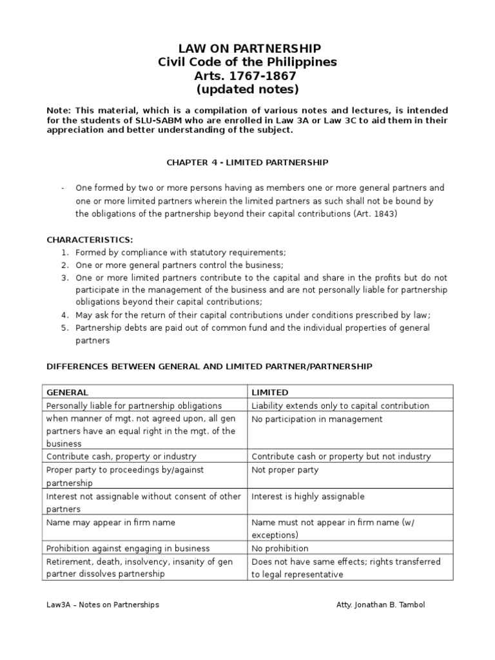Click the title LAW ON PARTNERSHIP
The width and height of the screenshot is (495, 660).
(x=247, y=49)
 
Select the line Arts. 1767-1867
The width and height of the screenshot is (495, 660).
(x=247, y=75)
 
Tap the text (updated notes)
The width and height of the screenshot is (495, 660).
(x=247, y=89)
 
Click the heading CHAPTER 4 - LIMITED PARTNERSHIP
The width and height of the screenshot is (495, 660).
(x=247, y=162)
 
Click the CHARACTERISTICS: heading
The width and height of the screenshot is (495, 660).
(x=90, y=240)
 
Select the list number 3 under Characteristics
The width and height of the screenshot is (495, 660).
(x=65, y=277)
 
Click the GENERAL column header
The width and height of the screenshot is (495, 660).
(x=68, y=393)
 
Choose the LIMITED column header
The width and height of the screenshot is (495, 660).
(x=270, y=393)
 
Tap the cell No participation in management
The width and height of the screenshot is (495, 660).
(x=316, y=419)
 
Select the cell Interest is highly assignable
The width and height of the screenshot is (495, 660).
(x=308, y=496)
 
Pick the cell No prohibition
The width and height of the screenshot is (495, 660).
(x=280, y=548)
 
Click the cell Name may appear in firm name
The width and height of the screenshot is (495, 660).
(x=110, y=522)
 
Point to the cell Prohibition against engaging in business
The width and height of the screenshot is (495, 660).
(x=128, y=548)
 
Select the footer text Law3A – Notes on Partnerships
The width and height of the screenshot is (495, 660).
(x=103, y=605)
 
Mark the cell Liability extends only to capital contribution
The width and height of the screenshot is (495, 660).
(x=340, y=405)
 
